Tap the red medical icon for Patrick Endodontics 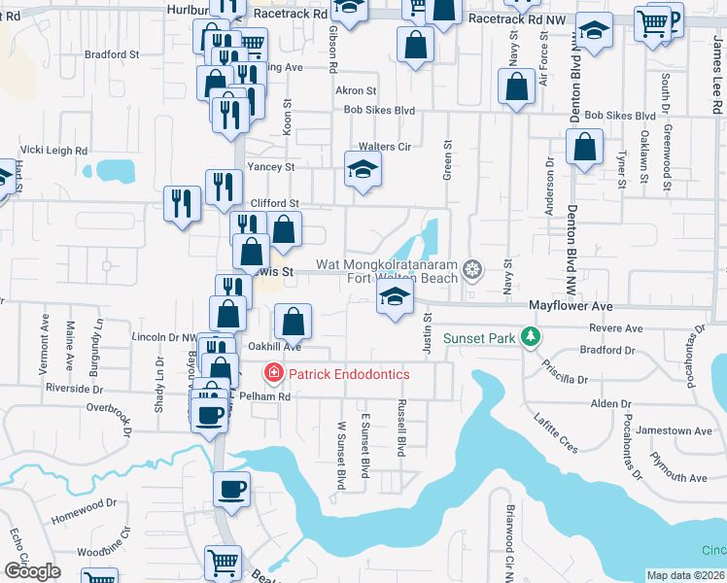(x=273, y=373)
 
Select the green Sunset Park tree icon (x=531, y=337)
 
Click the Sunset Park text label (x=479, y=338)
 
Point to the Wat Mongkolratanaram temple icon (x=473, y=268)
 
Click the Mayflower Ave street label (x=571, y=305)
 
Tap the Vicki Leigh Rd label (x=53, y=151)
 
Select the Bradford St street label (x=112, y=55)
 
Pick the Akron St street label (x=355, y=90)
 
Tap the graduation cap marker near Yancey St (x=363, y=170)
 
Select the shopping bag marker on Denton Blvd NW (x=584, y=148)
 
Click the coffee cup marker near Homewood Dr (x=232, y=490)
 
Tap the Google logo (x=32, y=571)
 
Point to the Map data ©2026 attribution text (x=686, y=575)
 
